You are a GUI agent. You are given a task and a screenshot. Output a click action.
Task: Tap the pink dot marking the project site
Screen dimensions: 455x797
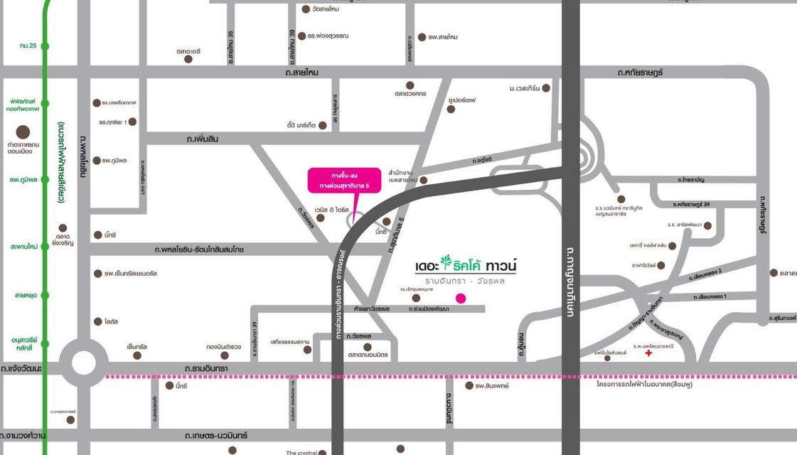click(461, 298)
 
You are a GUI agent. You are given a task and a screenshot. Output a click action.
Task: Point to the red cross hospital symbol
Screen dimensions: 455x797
click(648, 353)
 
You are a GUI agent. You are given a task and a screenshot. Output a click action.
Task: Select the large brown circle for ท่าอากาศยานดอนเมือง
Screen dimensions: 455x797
click(23, 132)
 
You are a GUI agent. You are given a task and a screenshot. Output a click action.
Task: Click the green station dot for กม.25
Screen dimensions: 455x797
click(45, 46)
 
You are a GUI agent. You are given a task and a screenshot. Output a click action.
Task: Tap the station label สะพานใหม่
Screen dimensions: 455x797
click(24, 247)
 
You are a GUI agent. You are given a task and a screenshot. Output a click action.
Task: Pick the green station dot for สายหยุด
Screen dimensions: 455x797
click(45, 295)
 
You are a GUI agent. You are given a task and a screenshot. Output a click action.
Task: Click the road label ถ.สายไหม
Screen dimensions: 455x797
click(302, 73)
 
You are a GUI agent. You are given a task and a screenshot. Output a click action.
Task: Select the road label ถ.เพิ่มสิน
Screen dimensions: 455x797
click(202, 139)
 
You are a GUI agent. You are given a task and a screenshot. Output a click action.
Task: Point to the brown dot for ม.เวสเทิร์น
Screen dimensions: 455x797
click(546, 88)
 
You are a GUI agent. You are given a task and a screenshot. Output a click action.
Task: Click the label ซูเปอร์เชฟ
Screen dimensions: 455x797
click(461, 100)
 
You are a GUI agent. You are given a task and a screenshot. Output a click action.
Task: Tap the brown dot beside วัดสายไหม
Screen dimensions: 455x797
click(306, 9)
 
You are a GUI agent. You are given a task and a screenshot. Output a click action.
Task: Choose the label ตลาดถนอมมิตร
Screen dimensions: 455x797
click(368, 355)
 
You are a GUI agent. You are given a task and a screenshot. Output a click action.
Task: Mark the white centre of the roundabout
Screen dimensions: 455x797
click(83, 363)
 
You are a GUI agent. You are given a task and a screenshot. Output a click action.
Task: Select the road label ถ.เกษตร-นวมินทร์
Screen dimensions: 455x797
click(215, 435)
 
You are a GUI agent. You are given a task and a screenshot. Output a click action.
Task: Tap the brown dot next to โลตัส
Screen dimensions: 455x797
click(97, 321)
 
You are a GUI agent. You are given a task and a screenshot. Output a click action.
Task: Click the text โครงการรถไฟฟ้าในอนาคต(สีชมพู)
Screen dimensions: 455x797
click(644, 385)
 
